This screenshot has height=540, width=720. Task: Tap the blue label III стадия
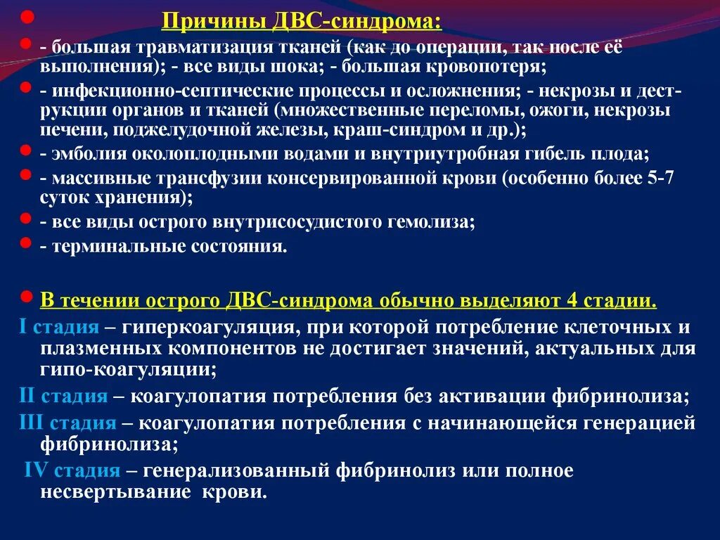click(67, 423)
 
